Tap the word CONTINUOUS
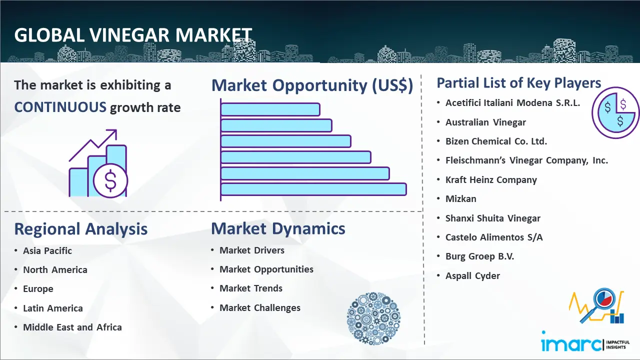tap(60, 107)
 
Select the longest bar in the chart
tap(313, 189)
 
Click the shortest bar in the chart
tap(270, 109)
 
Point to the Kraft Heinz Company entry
tap(491, 179)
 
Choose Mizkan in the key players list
tap(461, 198)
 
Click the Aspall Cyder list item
tap(472, 275)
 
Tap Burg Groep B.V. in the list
tap(479, 256)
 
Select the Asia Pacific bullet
tap(47, 250)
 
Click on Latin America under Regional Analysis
tap(53, 308)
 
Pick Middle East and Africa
tap(72, 327)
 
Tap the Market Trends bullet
tap(251, 288)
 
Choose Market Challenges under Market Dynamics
tap(260, 307)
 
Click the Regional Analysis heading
tap(81, 229)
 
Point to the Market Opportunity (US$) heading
tap(312, 85)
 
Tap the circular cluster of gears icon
tap(373, 318)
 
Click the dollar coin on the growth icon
tap(110, 181)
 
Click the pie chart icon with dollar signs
tap(615, 113)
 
